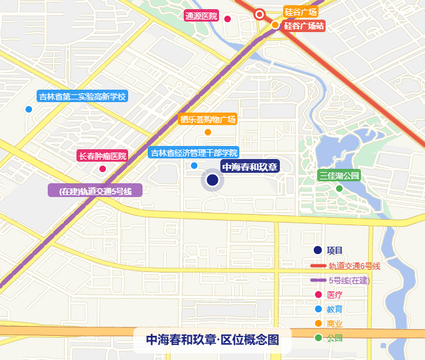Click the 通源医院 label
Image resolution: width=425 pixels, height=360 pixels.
[201, 16]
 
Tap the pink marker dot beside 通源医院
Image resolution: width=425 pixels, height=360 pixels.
[228, 18]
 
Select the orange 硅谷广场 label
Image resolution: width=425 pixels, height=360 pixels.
[301, 12]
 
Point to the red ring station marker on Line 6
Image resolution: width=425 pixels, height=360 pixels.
[260, 14]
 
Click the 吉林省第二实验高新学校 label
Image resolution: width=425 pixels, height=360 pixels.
[82, 97]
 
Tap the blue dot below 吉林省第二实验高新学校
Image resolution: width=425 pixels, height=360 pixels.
[28, 109]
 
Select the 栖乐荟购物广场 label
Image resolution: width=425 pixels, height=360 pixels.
[207, 119]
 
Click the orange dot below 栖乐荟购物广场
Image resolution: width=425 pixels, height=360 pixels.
[208, 132]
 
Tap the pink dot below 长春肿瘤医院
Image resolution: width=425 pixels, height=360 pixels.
[102, 169]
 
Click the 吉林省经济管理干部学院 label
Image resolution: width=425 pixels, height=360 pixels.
[193, 153]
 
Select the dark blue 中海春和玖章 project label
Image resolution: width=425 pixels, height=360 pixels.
[250, 166]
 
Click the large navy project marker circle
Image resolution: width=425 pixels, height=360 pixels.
[212, 180]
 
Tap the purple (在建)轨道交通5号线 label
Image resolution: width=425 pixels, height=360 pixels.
[95, 191]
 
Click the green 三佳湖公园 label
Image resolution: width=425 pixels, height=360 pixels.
[339, 175]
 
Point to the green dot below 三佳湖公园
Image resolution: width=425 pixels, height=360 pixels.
[339, 189]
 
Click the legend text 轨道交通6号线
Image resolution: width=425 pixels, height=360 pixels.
[354, 266]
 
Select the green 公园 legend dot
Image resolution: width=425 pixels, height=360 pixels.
[318, 338]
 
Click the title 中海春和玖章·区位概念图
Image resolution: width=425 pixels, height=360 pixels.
[212, 340]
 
